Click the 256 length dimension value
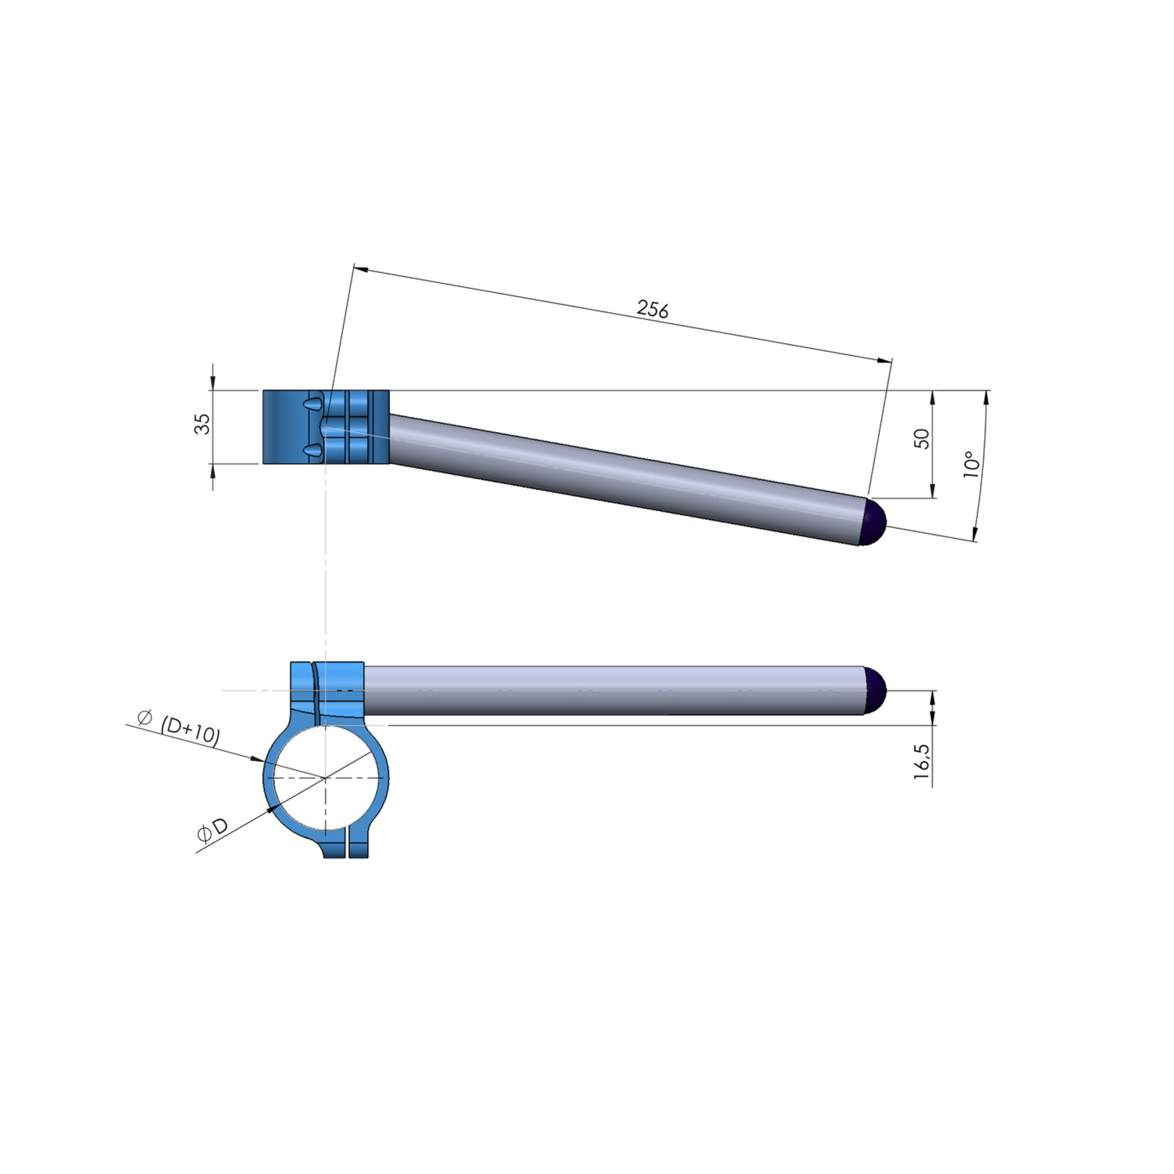pos(652,309)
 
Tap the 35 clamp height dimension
pos(203,424)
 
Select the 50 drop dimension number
pos(922,438)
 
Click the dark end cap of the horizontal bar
pos(875,691)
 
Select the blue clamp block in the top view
pos(288,427)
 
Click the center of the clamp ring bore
pos(325,778)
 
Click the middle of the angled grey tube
pos(625,469)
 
